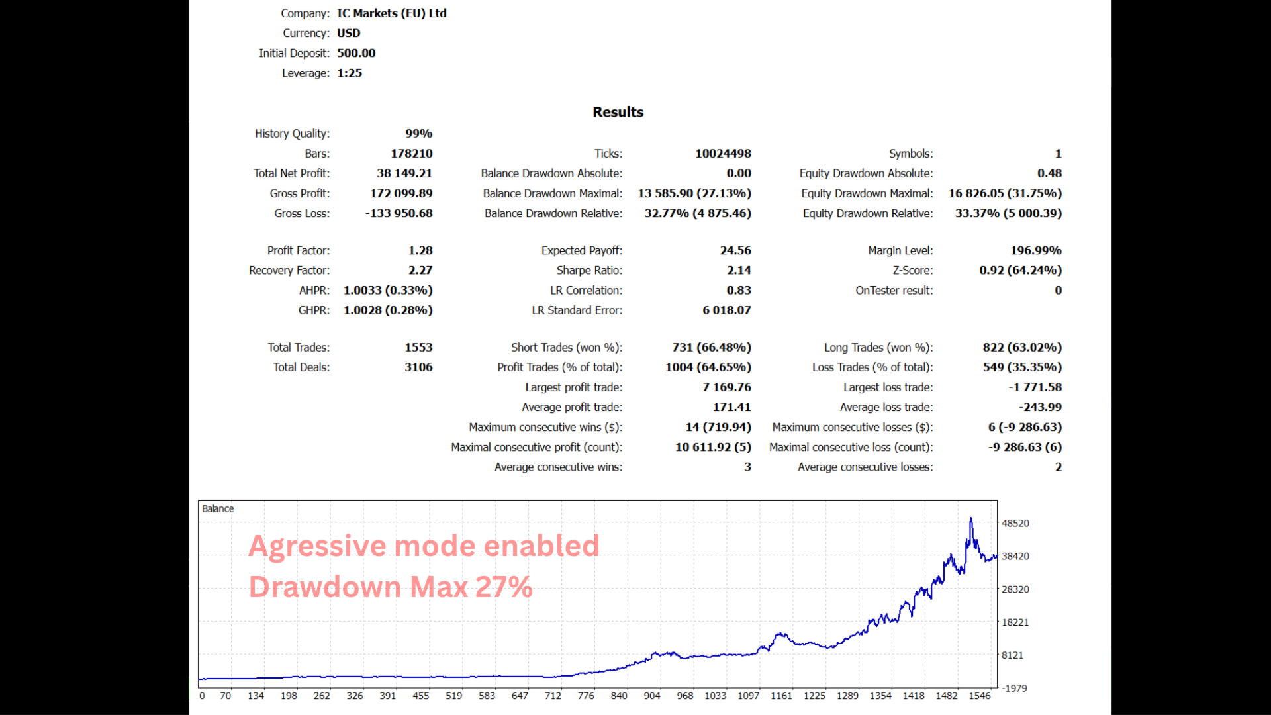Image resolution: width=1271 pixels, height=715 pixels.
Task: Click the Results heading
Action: pos(618,112)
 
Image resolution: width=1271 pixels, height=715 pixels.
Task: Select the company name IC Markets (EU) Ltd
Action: pos(391,13)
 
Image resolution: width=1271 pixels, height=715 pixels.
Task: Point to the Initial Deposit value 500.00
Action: pos(356,53)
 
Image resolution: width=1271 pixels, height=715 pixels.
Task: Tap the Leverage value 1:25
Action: pos(350,73)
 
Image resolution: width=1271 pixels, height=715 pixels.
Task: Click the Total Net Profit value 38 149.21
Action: pos(404,173)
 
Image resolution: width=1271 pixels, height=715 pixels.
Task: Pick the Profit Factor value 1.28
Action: pos(420,250)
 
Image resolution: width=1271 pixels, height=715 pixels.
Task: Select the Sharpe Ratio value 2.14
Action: pos(739,270)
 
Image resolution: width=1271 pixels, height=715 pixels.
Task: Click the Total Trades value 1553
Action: pos(418,347)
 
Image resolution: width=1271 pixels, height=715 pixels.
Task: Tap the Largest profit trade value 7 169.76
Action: pos(727,387)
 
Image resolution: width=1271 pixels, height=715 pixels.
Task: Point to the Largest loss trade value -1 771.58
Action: pos(1035,387)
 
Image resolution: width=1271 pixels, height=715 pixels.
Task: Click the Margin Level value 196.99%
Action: pos(1036,250)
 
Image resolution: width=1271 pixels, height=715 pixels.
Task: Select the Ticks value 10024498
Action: pos(723,154)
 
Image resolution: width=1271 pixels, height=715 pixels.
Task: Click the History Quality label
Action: pos(292,134)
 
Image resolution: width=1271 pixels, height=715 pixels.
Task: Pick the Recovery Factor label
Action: pos(289,270)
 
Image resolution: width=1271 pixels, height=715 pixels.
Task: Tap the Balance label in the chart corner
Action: pos(218,509)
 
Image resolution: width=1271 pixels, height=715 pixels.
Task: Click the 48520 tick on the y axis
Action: pos(1015,523)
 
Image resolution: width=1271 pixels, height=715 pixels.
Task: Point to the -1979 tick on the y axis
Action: pos(1015,689)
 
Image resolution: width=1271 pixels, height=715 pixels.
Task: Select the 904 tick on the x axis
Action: pos(652,696)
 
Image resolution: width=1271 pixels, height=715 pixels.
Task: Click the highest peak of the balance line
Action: pos(971,519)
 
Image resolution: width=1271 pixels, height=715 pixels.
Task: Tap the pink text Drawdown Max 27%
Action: pos(391,587)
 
